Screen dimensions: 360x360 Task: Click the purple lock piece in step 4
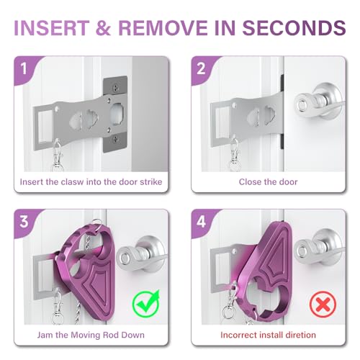coord(263,266)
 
